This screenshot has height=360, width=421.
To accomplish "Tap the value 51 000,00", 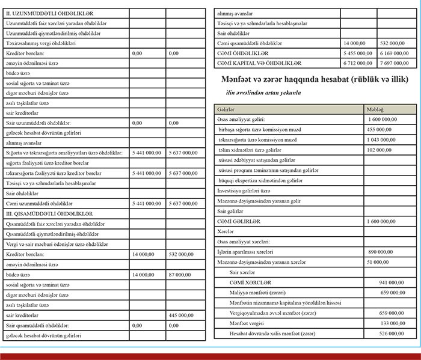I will point(378,262).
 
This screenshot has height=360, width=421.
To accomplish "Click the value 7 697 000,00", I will point(396,63).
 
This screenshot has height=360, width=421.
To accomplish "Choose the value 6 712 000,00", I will point(358,63).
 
